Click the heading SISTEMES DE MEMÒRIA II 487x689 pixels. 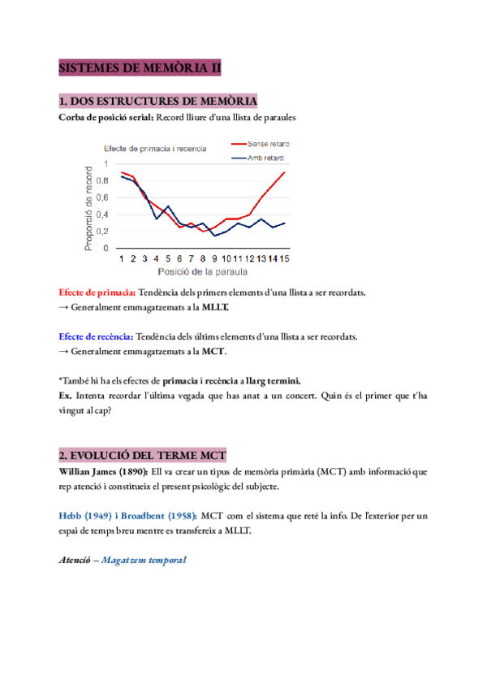(x=140, y=68)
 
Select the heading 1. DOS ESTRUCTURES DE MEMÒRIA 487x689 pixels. (x=158, y=102)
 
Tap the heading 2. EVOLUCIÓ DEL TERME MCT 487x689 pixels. (x=142, y=454)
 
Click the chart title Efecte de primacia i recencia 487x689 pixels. (x=153, y=149)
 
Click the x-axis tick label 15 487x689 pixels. (x=284, y=258)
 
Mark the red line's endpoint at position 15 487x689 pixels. (x=284, y=172)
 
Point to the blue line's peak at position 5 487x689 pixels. (x=168, y=206)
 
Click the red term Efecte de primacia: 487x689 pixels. (x=97, y=292)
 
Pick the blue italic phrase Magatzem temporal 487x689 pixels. (x=144, y=560)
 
